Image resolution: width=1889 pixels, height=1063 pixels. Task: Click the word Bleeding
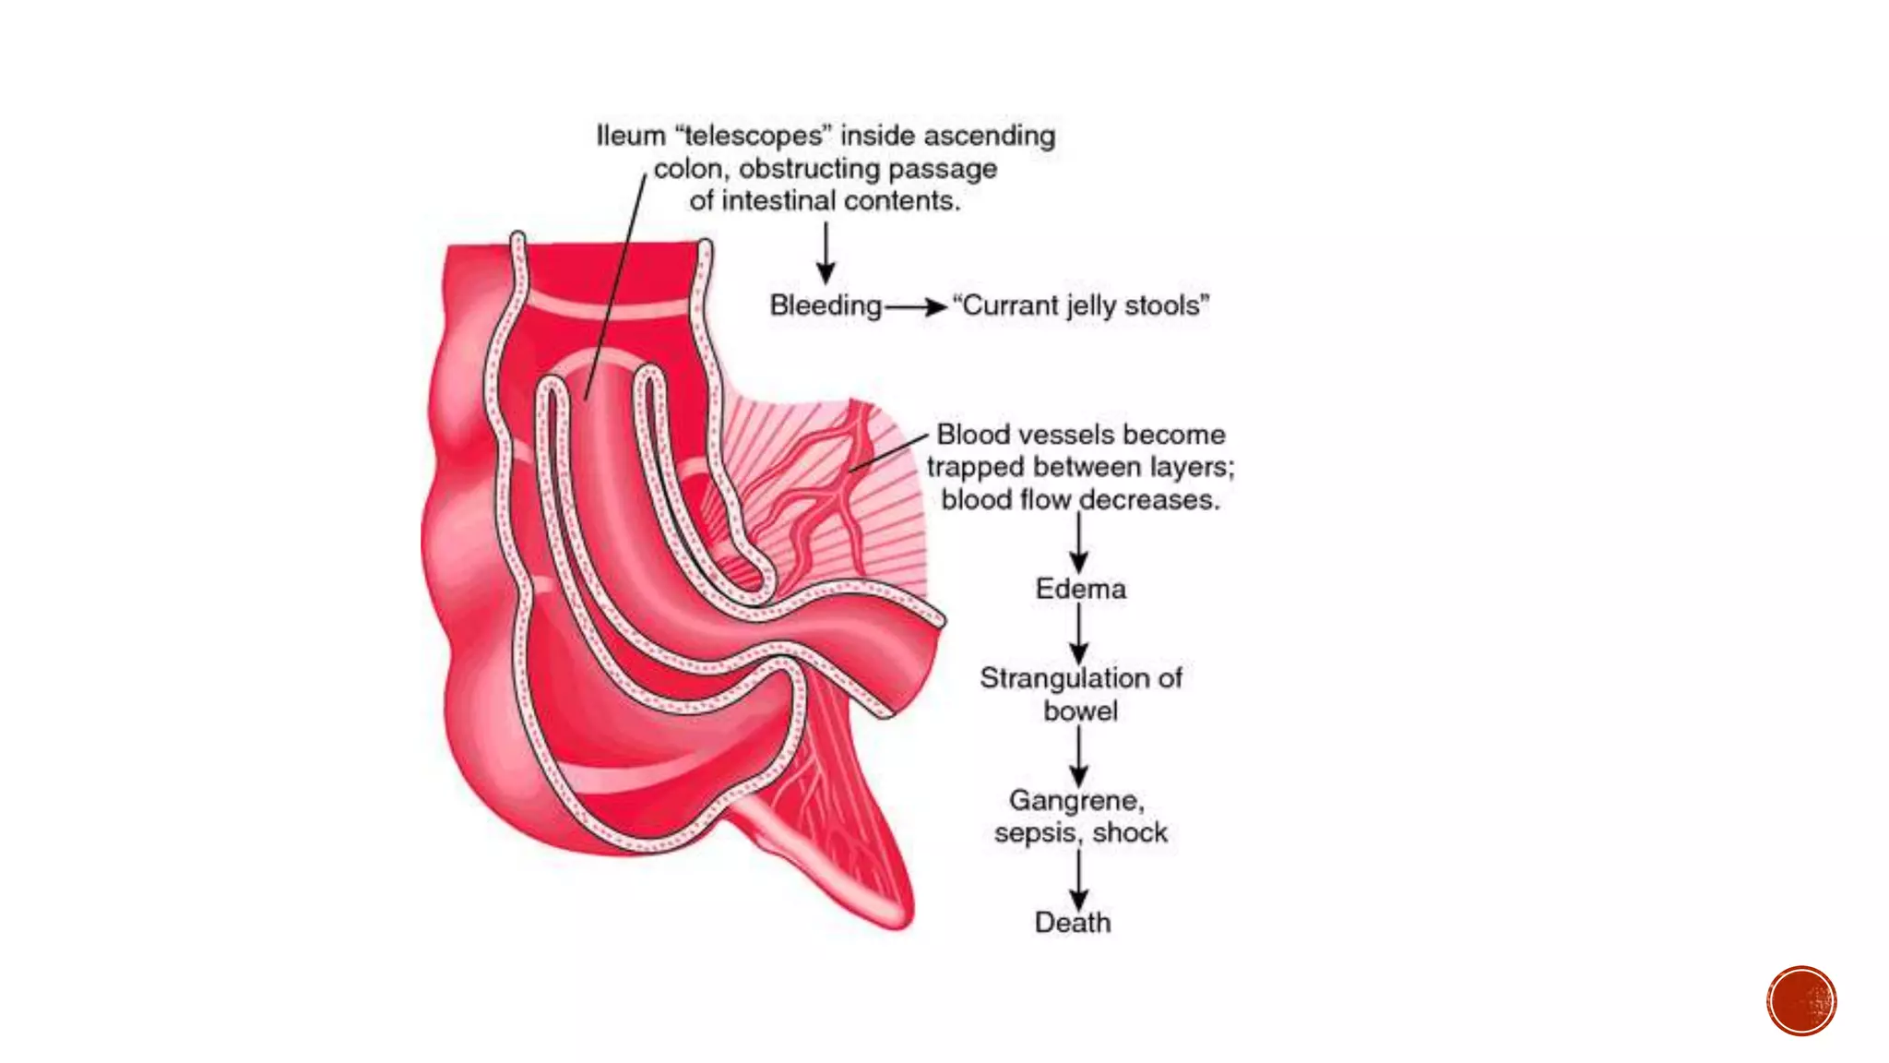coord(826,305)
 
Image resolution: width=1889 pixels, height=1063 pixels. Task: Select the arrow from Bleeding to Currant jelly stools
coord(916,306)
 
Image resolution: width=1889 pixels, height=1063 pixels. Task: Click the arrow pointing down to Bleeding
coord(826,254)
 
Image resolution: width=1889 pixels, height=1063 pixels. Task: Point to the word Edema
coord(1080,589)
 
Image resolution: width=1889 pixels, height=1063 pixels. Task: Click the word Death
coord(1073,922)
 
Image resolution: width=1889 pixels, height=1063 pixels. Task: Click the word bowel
coord(1080,711)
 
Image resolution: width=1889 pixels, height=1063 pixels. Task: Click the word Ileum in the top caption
coord(630,136)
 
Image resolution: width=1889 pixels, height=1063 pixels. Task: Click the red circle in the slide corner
coord(1801,1001)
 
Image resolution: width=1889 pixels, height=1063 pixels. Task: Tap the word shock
coord(1130,832)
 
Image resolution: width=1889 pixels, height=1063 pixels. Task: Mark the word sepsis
coord(1035,832)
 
